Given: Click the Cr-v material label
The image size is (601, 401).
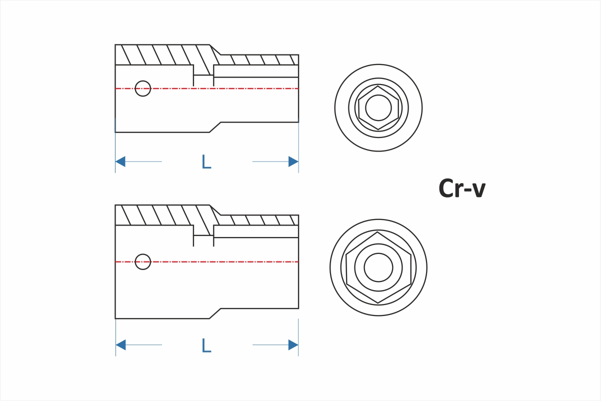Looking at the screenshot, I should pos(461,189).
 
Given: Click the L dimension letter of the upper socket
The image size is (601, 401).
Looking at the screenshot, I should pos(206,161).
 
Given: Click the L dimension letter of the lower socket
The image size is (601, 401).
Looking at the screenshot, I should pos(206,345).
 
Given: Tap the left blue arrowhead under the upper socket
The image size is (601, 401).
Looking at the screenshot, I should pos(120,161).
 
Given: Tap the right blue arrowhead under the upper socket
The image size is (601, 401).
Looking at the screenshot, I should pos(293,161).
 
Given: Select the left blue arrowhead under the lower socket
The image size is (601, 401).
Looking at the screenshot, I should pos(120,345).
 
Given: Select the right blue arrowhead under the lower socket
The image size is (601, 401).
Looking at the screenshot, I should pos(293,345).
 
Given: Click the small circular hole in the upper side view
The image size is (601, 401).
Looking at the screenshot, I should pos(143,88).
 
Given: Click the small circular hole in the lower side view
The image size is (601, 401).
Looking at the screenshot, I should pos(143,261).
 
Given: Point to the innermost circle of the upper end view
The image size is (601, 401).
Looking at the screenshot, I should pos(378,107).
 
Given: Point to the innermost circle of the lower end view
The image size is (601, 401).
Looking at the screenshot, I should pos(378,267).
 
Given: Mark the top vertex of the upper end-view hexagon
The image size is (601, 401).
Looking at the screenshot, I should pos(378,86).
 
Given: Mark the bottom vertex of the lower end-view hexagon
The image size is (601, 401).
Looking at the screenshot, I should pos(378,303).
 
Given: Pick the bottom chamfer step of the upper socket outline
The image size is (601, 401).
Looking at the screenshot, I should pos(215,127).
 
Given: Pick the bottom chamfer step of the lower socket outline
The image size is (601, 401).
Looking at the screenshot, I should pos(215,313).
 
